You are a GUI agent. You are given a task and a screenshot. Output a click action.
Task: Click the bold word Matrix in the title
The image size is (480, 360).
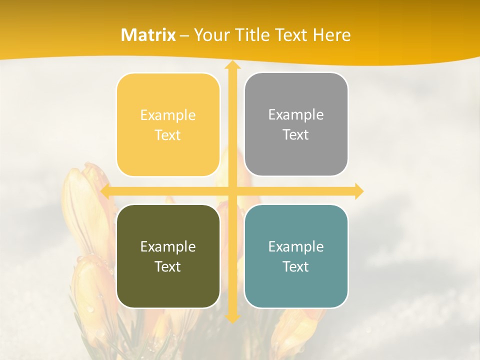[x=148, y=35]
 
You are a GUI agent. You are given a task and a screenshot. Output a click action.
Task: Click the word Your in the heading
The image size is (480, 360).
[x=210, y=35]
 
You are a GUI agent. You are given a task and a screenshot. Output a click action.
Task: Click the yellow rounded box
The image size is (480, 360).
[x=168, y=155]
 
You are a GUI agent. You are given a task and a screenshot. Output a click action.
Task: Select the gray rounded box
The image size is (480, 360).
[x=296, y=155]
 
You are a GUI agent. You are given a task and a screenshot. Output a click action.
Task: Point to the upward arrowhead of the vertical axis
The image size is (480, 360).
[x=232, y=65]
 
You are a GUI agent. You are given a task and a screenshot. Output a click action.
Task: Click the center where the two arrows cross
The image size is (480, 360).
[x=232, y=191]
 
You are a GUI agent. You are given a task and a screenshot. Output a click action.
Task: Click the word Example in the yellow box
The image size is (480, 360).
[x=168, y=115]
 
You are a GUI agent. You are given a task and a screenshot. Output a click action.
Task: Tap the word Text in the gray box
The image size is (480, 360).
[x=296, y=135]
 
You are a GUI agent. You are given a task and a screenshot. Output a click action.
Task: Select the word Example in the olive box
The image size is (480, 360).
[x=168, y=247]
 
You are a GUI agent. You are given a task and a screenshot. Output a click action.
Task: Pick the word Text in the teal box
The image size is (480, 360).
[x=296, y=267]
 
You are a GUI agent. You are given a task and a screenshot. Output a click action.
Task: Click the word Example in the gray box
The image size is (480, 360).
[x=296, y=115]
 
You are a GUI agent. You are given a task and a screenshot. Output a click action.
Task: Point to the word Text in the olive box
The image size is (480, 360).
[x=168, y=267]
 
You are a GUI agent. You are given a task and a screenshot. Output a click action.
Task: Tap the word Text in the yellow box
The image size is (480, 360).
[x=168, y=135]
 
